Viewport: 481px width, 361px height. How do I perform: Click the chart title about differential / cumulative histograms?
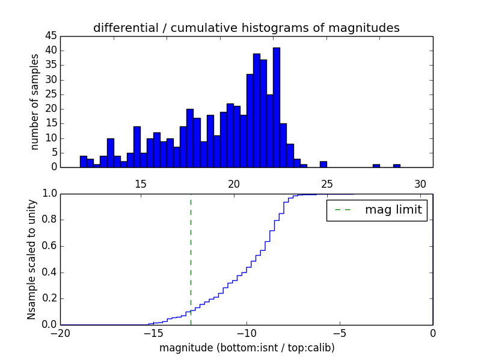tap(246, 28)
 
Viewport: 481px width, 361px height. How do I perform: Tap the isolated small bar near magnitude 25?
tap(323, 164)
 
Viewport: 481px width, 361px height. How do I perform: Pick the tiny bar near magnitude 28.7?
tap(397, 165)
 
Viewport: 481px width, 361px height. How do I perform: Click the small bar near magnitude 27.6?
tap(376, 165)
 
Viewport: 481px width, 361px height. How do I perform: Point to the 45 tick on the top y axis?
tap(51, 35)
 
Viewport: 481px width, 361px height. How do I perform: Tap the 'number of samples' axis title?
tap(35, 102)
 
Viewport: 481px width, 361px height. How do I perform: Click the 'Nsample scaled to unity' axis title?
tap(32, 259)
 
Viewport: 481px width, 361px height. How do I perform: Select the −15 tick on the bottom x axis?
tap(153, 333)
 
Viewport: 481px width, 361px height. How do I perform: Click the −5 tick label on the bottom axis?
tap(340, 333)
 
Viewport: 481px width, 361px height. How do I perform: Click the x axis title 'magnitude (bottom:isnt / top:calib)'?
tap(247, 348)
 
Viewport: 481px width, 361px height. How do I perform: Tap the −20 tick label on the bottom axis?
tap(60, 333)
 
